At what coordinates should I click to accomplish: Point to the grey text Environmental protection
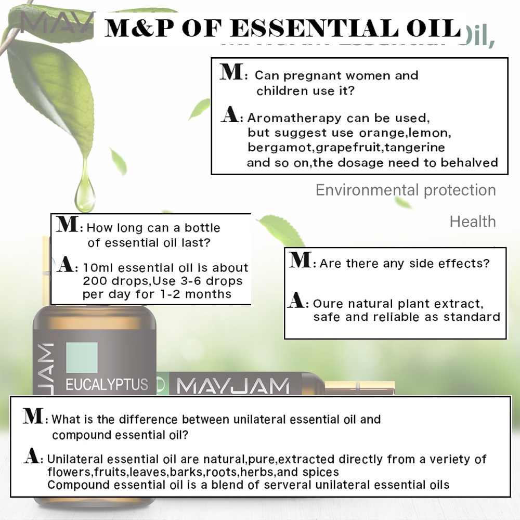[x=406, y=190]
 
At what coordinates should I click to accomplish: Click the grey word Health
[x=473, y=222]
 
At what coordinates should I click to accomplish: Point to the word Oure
[x=328, y=304]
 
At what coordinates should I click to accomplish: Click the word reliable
[x=398, y=317]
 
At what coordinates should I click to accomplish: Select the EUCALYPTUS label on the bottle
[x=106, y=385]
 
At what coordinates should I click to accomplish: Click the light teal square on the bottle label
[x=82, y=358]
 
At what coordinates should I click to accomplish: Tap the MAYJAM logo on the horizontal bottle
[x=232, y=386]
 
